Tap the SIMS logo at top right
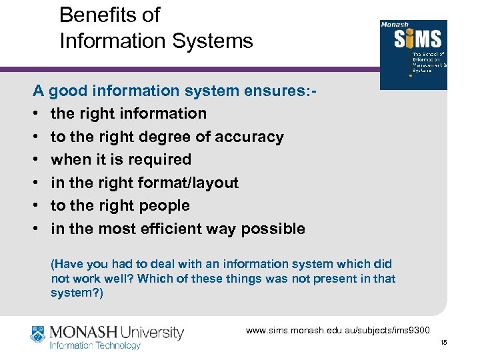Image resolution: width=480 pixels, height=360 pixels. click(x=413, y=54)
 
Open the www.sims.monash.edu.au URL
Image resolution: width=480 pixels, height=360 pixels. click(x=339, y=330)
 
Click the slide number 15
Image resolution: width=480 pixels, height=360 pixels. click(x=443, y=343)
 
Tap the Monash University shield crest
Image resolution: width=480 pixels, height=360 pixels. click(x=37, y=336)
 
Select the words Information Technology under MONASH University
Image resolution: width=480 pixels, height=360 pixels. click(x=95, y=345)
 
